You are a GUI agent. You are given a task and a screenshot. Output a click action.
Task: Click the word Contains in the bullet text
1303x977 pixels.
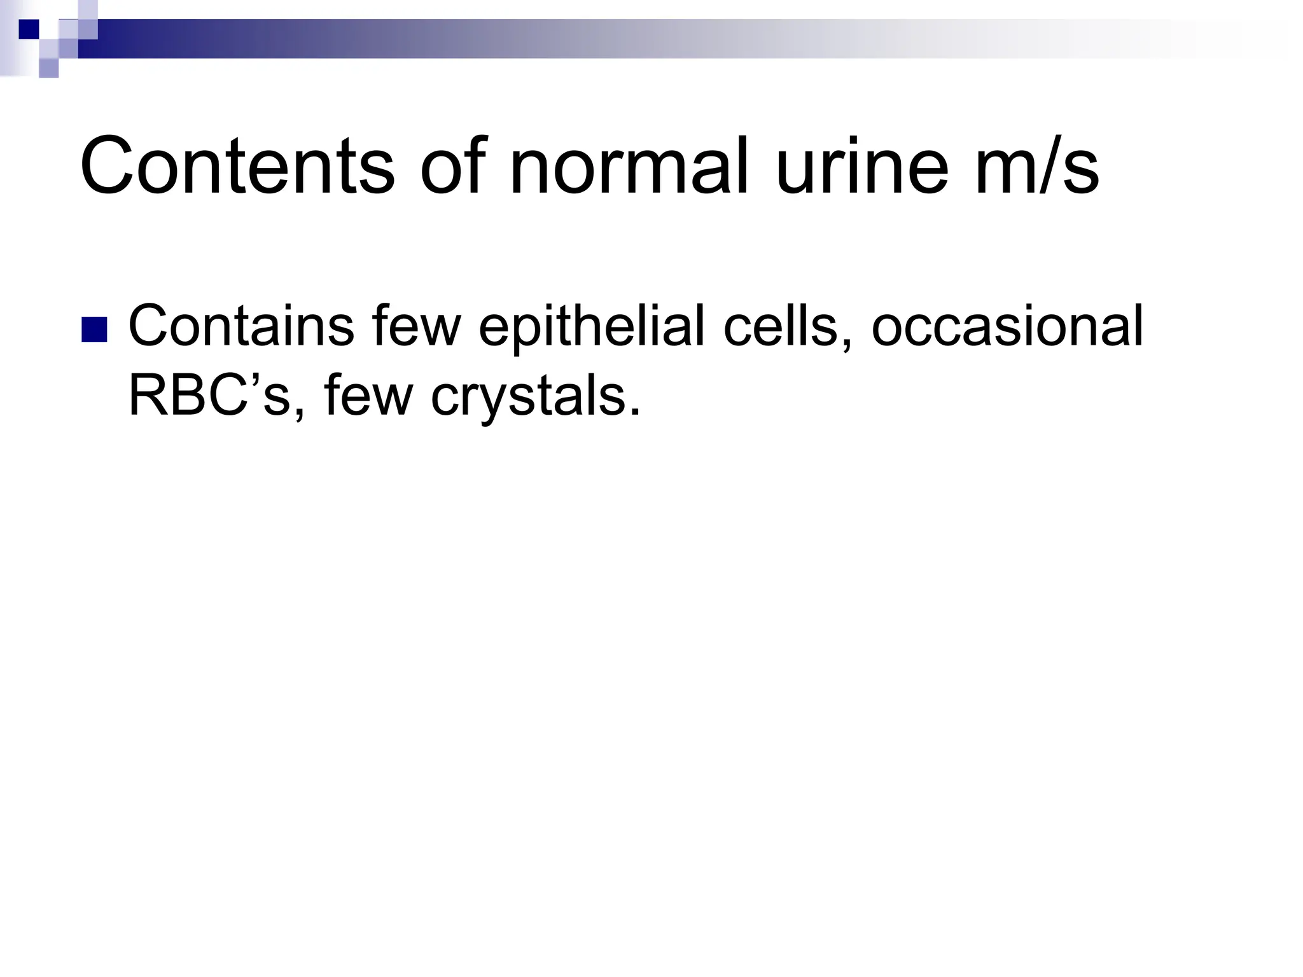coord(241,326)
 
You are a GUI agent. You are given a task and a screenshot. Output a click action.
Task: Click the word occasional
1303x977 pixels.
coord(1007,326)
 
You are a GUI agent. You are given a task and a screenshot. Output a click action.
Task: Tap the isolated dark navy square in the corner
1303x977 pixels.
coord(29,29)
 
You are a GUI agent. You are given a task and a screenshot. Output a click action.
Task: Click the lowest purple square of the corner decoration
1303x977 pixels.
coord(49,68)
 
